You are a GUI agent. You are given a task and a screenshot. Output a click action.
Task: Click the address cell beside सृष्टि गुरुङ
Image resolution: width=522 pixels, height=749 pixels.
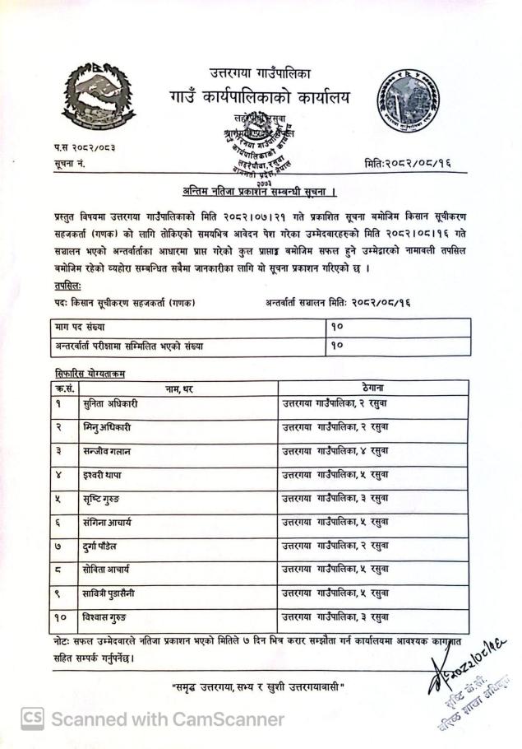click(335, 498)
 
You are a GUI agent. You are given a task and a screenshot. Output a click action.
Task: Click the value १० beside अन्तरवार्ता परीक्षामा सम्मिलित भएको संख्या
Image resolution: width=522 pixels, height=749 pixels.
click(336, 346)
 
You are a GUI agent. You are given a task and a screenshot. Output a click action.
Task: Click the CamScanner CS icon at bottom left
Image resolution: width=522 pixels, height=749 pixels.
click(32, 719)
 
